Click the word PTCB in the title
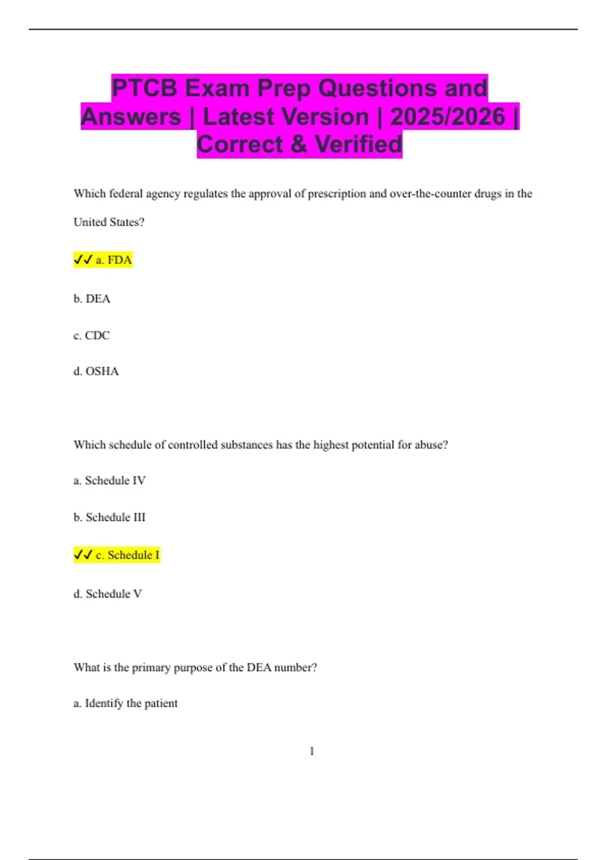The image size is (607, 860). pos(144,88)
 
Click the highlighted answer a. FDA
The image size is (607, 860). pos(114,260)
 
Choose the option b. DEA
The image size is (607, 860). pos(92,299)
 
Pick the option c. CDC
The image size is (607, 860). pos(92,335)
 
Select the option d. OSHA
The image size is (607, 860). pos(96,371)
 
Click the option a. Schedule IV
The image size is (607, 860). pos(109,481)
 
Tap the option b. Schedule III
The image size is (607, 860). pos(109,518)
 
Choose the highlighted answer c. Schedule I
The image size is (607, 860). pos(127,555)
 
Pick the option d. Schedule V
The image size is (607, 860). pos(108,594)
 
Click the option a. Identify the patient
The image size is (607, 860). pos(125,703)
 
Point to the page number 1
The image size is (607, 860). pos(312,751)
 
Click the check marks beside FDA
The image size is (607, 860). pos(83,260)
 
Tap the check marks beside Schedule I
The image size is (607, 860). pos(83,555)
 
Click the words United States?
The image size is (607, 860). pos(109,222)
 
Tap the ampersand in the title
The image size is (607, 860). pos(299,144)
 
